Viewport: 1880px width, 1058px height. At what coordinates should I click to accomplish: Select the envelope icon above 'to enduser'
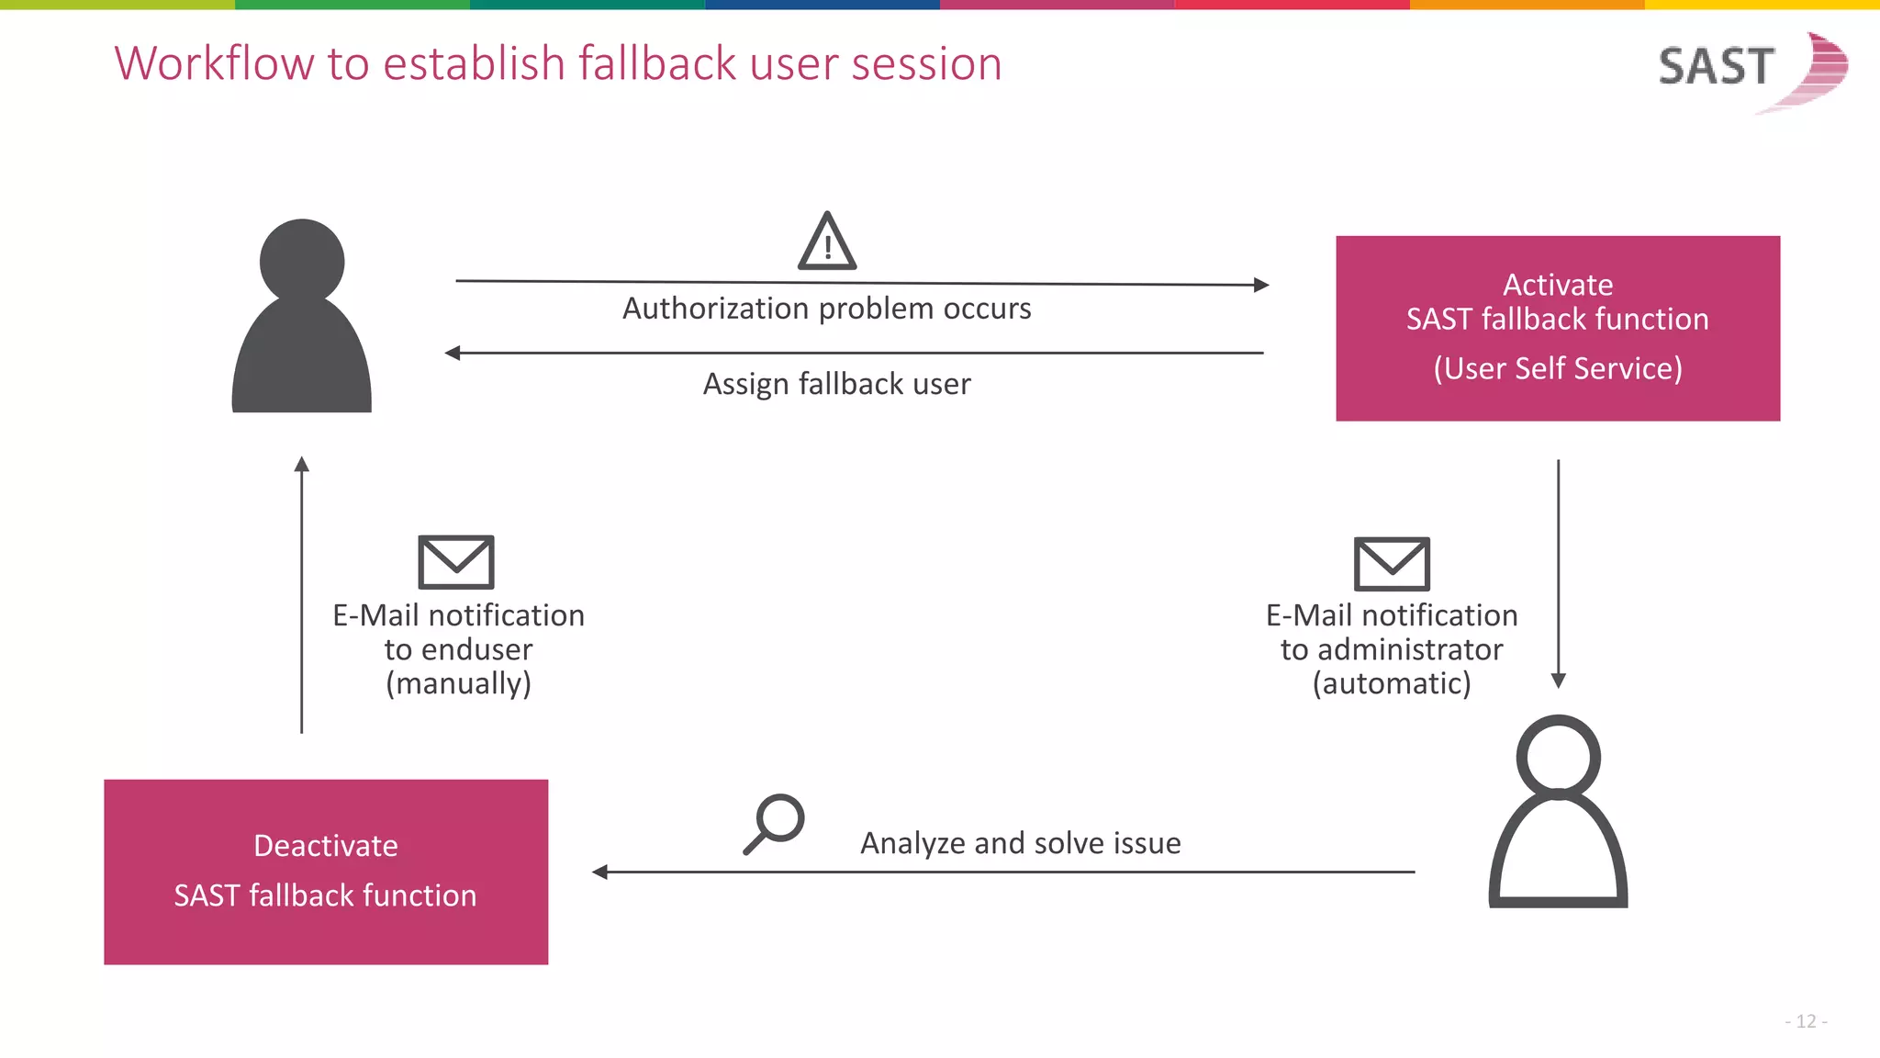click(x=456, y=562)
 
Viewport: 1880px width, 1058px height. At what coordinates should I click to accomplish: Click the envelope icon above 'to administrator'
click(x=1392, y=564)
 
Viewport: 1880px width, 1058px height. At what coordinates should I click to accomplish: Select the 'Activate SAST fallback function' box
click(x=1558, y=328)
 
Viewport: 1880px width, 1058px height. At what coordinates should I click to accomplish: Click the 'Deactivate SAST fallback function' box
click(x=326, y=872)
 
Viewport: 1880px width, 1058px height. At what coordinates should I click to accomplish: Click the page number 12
click(x=1806, y=1021)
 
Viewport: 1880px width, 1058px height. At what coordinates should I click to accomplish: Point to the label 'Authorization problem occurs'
click(x=827, y=309)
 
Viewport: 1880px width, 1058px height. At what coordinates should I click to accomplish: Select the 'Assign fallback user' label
click(x=837, y=384)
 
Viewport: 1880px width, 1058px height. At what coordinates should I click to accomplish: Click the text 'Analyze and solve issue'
click(x=1021, y=843)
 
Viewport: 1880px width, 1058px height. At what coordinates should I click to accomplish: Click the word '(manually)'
click(x=458, y=683)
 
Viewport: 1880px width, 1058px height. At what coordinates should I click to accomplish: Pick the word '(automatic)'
click(x=1392, y=683)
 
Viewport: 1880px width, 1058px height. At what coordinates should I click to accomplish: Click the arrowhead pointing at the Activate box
click(x=1262, y=285)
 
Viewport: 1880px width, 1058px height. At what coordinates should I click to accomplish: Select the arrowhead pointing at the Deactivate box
click(x=599, y=872)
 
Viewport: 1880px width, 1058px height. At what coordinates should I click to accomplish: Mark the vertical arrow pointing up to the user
click(x=301, y=594)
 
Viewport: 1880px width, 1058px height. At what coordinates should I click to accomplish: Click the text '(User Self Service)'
click(x=1558, y=368)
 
